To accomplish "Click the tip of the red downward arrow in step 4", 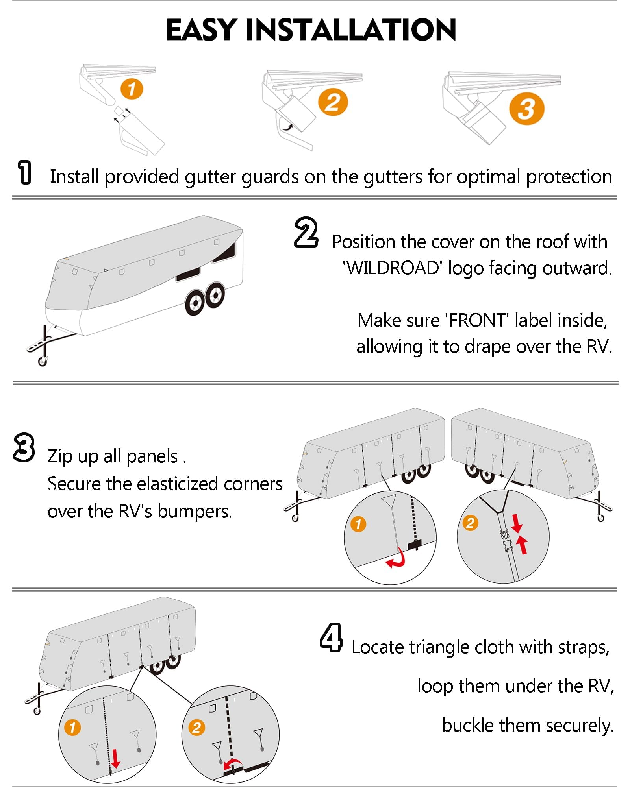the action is pos(115,767).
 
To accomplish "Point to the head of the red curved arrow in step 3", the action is pos(387,563).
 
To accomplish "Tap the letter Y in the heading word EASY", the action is pos(226,30).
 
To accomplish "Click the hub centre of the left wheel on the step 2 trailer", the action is pos(195,304).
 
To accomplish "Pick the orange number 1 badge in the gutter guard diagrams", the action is pos(132,89).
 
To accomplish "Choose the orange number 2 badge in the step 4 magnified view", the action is pos(196,728).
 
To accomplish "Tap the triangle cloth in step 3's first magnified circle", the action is pos(389,501).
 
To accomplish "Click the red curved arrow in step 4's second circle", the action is pos(232,763).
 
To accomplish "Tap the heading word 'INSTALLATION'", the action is pos(350,30).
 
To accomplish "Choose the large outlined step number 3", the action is pos(24,447).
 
